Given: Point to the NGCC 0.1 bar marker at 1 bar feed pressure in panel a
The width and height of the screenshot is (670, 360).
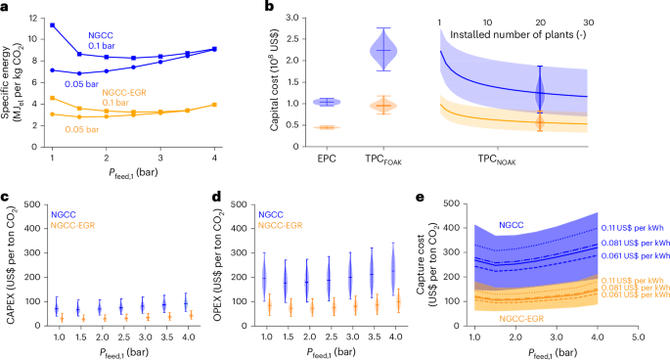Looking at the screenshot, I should click(x=52, y=24).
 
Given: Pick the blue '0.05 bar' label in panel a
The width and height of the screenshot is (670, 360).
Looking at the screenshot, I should click(x=82, y=85).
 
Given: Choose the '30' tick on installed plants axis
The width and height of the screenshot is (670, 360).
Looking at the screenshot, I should click(x=588, y=22).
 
